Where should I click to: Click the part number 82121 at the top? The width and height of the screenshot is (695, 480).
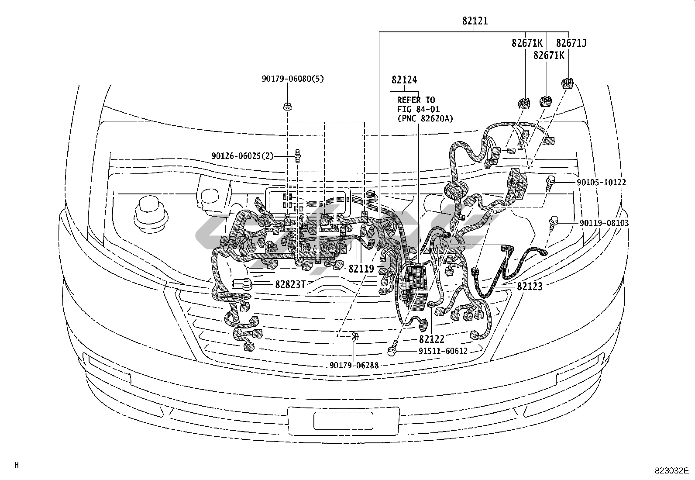click(475, 21)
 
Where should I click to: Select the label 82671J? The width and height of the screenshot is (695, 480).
click(571, 43)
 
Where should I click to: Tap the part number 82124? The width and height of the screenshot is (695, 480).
click(404, 80)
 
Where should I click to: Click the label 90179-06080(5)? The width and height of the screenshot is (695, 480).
click(292, 79)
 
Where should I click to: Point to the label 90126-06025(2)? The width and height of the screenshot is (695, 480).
click(243, 156)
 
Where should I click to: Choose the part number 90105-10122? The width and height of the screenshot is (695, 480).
click(601, 182)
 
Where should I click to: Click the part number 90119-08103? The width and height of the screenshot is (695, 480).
click(604, 223)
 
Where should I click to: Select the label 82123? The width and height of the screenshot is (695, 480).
click(530, 286)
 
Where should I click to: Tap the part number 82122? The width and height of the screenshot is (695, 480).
click(432, 339)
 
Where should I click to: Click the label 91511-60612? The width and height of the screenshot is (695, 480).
click(443, 351)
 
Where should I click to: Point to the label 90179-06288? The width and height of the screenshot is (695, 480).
click(354, 366)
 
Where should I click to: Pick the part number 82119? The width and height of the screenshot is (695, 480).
click(361, 269)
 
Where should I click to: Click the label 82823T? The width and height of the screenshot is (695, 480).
click(290, 284)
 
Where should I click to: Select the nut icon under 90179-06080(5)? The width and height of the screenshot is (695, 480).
click(288, 107)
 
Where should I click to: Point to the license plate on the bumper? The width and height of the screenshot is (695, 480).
click(343, 421)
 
